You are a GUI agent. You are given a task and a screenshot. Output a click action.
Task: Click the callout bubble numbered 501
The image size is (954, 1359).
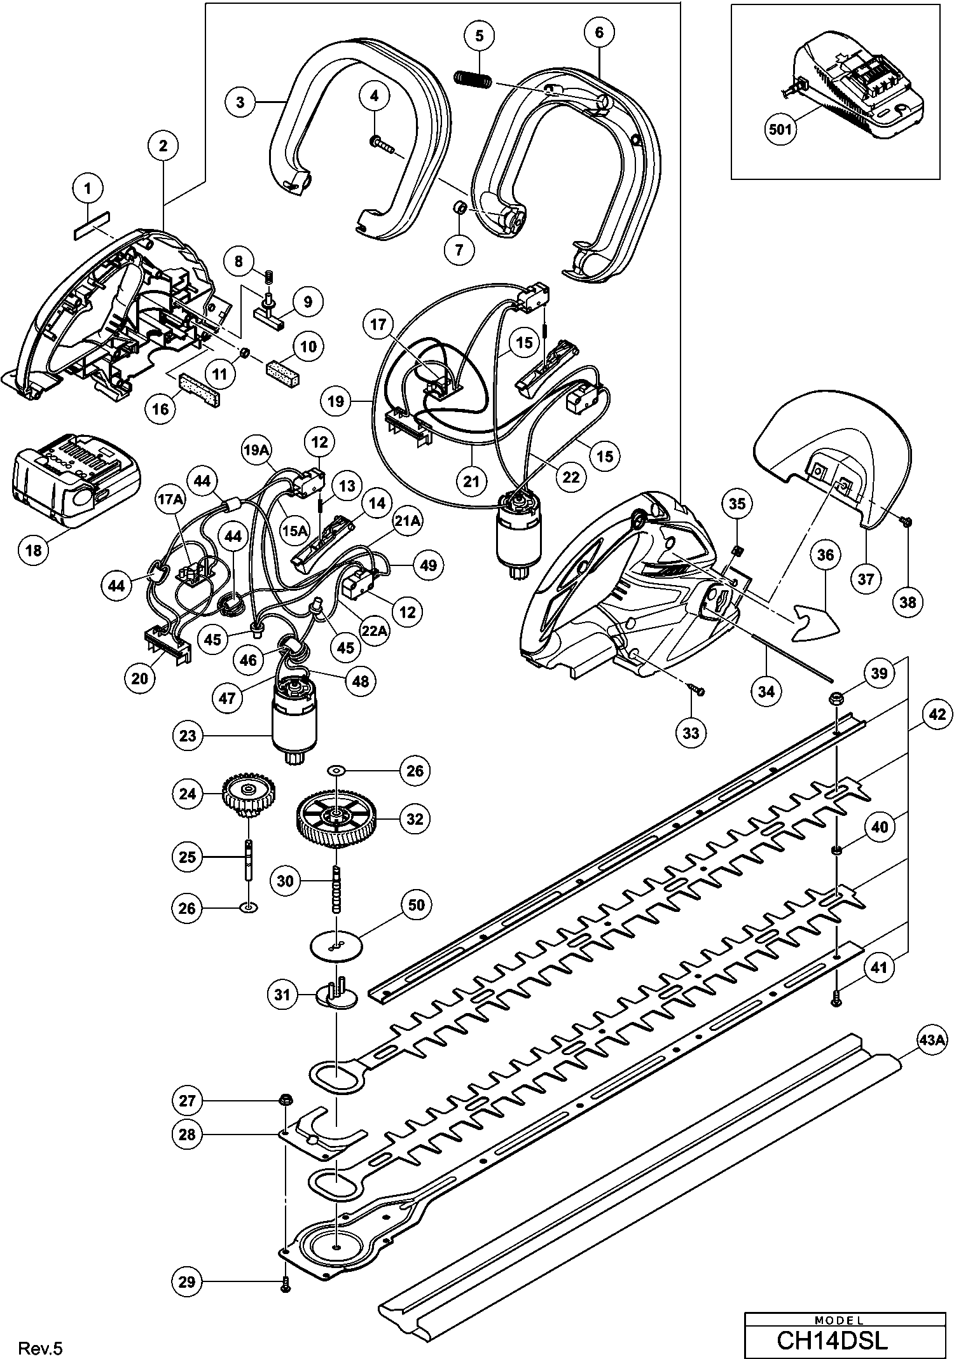click(x=780, y=130)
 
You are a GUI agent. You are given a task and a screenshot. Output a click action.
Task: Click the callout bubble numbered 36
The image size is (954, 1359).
click(x=825, y=555)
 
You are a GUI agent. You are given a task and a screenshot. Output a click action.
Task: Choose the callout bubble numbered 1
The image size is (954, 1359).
click(x=88, y=188)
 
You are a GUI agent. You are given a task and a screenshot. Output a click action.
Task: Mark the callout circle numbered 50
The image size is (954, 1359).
click(x=417, y=904)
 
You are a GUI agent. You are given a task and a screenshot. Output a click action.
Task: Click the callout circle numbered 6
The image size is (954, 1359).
click(x=600, y=32)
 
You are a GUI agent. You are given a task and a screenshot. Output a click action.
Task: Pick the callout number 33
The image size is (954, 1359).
click(x=691, y=733)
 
